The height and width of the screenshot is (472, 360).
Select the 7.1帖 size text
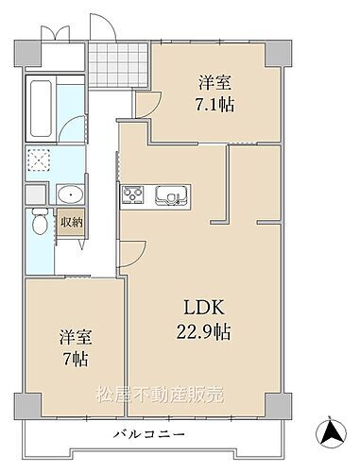(213, 104)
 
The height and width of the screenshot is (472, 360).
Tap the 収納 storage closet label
(71, 224)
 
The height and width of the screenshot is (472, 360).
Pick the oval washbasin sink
(68, 195)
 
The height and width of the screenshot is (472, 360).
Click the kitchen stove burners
(132, 196)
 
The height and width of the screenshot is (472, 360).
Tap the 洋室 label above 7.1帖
(213, 81)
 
